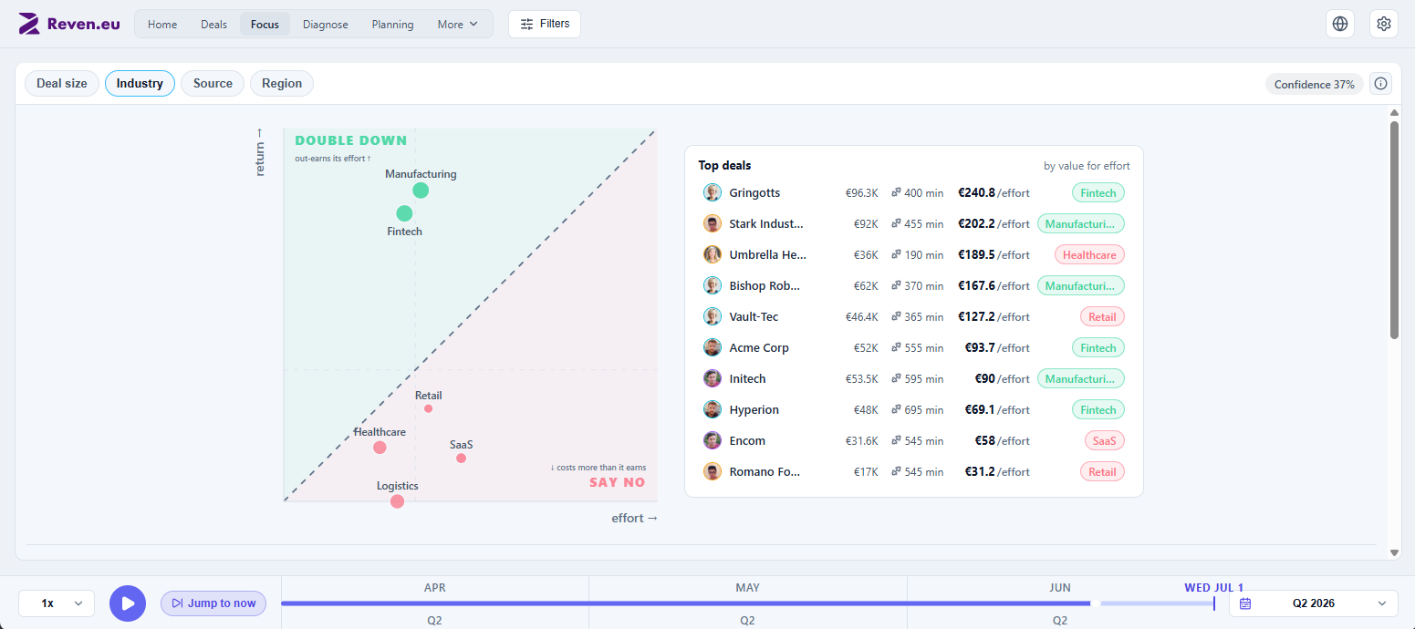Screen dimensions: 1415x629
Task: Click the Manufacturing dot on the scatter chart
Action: coord(421,191)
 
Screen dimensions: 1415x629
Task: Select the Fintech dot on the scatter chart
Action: coord(404,213)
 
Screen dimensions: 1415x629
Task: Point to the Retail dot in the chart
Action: coord(428,408)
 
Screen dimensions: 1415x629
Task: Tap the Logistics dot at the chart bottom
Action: coord(398,501)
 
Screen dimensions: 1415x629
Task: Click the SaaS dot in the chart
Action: coord(461,459)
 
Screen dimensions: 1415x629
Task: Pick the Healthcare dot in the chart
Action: coord(380,448)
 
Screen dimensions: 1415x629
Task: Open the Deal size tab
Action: coord(62,83)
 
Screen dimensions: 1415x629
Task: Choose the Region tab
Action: coord(282,83)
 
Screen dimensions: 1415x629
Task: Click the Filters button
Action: coord(545,24)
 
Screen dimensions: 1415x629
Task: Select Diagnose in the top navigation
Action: coord(326,24)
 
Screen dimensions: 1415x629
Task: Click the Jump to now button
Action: coord(213,603)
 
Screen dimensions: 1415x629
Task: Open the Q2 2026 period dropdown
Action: coord(1314,603)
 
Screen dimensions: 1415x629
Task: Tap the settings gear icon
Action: coord(1383,24)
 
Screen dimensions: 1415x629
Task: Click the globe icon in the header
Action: coord(1340,24)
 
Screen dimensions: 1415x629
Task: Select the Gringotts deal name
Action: coord(754,193)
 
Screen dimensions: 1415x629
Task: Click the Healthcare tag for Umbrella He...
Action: coord(1089,255)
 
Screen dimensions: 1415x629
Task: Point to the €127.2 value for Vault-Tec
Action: coord(976,316)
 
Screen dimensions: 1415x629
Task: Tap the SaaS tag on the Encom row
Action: coord(1104,440)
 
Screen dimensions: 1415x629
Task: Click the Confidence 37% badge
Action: coord(1314,84)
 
